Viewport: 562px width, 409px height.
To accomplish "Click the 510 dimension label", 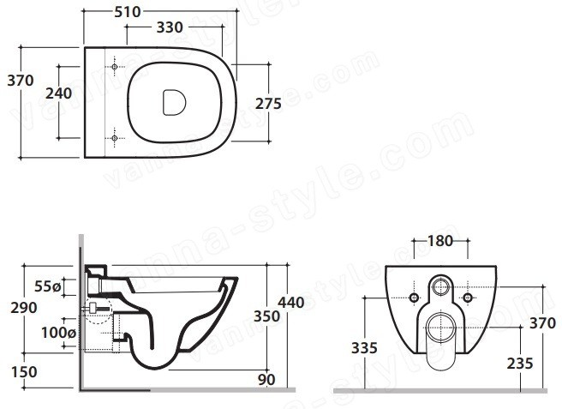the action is coord(128,12).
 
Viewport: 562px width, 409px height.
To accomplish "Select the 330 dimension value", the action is coord(170,27).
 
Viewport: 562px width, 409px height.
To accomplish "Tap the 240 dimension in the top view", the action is coord(59,93).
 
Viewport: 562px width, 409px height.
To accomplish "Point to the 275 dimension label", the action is coord(268,104).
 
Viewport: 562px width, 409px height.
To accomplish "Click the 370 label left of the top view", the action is coord(21,81).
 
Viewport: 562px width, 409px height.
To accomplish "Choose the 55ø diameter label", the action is coord(48,286).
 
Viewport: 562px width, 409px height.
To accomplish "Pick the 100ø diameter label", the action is coord(58,333).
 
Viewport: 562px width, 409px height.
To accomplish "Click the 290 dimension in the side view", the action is coord(24,308).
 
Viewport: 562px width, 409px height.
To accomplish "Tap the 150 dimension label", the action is coord(24,372).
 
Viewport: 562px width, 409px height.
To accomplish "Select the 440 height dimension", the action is coord(291,303).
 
